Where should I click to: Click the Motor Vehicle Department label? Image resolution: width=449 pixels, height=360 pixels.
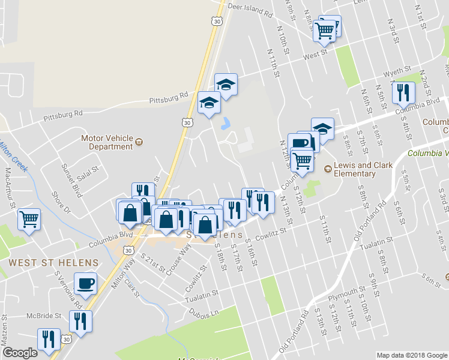pyautogui.click(x=106, y=142)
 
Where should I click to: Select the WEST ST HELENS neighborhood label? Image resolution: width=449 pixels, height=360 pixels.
pyautogui.click(x=53, y=263)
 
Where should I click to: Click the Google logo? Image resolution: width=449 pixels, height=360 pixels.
pyautogui.click(x=20, y=353)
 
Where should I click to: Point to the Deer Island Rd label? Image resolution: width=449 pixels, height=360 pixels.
pyautogui.click(x=252, y=7)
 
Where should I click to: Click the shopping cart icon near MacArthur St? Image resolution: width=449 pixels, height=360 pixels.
pyautogui.click(x=29, y=217)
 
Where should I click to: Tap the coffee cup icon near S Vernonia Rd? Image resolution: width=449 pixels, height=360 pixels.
pyautogui.click(x=85, y=282)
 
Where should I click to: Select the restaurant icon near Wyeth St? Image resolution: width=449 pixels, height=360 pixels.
pyautogui.click(x=402, y=91)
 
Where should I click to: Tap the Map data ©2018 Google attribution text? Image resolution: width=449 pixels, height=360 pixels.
pyautogui.click(x=411, y=355)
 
